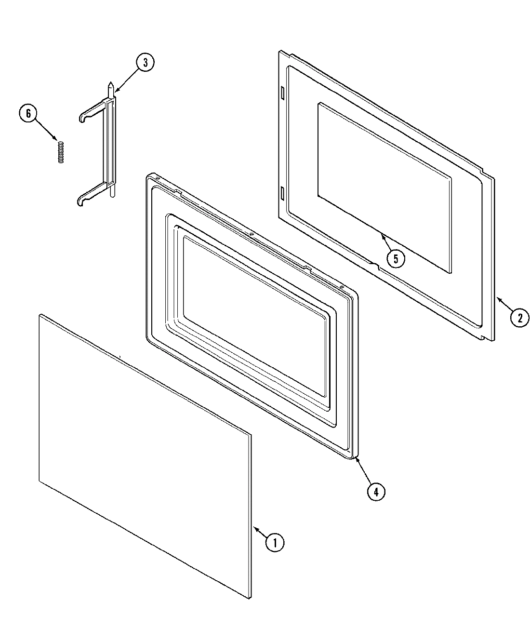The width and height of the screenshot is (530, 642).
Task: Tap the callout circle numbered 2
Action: click(x=519, y=318)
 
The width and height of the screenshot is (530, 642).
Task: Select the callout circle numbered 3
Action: click(x=146, y=63)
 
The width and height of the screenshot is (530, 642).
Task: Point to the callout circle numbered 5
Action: click(x=395, y=259)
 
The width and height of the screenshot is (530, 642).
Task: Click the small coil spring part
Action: click(x=61, y=152)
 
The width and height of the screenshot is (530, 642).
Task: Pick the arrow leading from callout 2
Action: click(x=504, y=305)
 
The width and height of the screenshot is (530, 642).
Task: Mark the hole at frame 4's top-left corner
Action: click(x=157, y=180)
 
